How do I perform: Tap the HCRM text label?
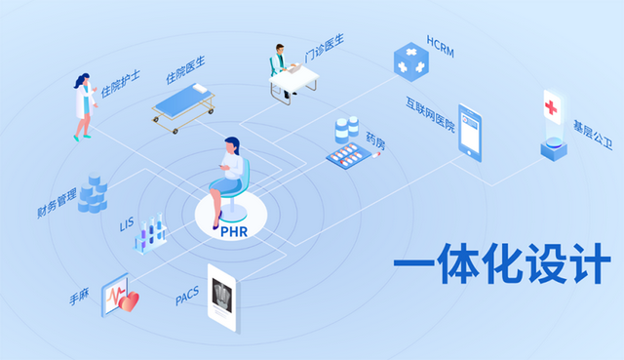coord(442,43)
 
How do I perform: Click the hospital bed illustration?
coord(184,105)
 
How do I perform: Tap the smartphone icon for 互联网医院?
coord(470,133)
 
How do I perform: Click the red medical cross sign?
coord(552,104)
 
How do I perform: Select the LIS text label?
coord(127,224)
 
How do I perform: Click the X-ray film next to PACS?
coord(223,294)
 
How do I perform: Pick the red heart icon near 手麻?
coord(129,300)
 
